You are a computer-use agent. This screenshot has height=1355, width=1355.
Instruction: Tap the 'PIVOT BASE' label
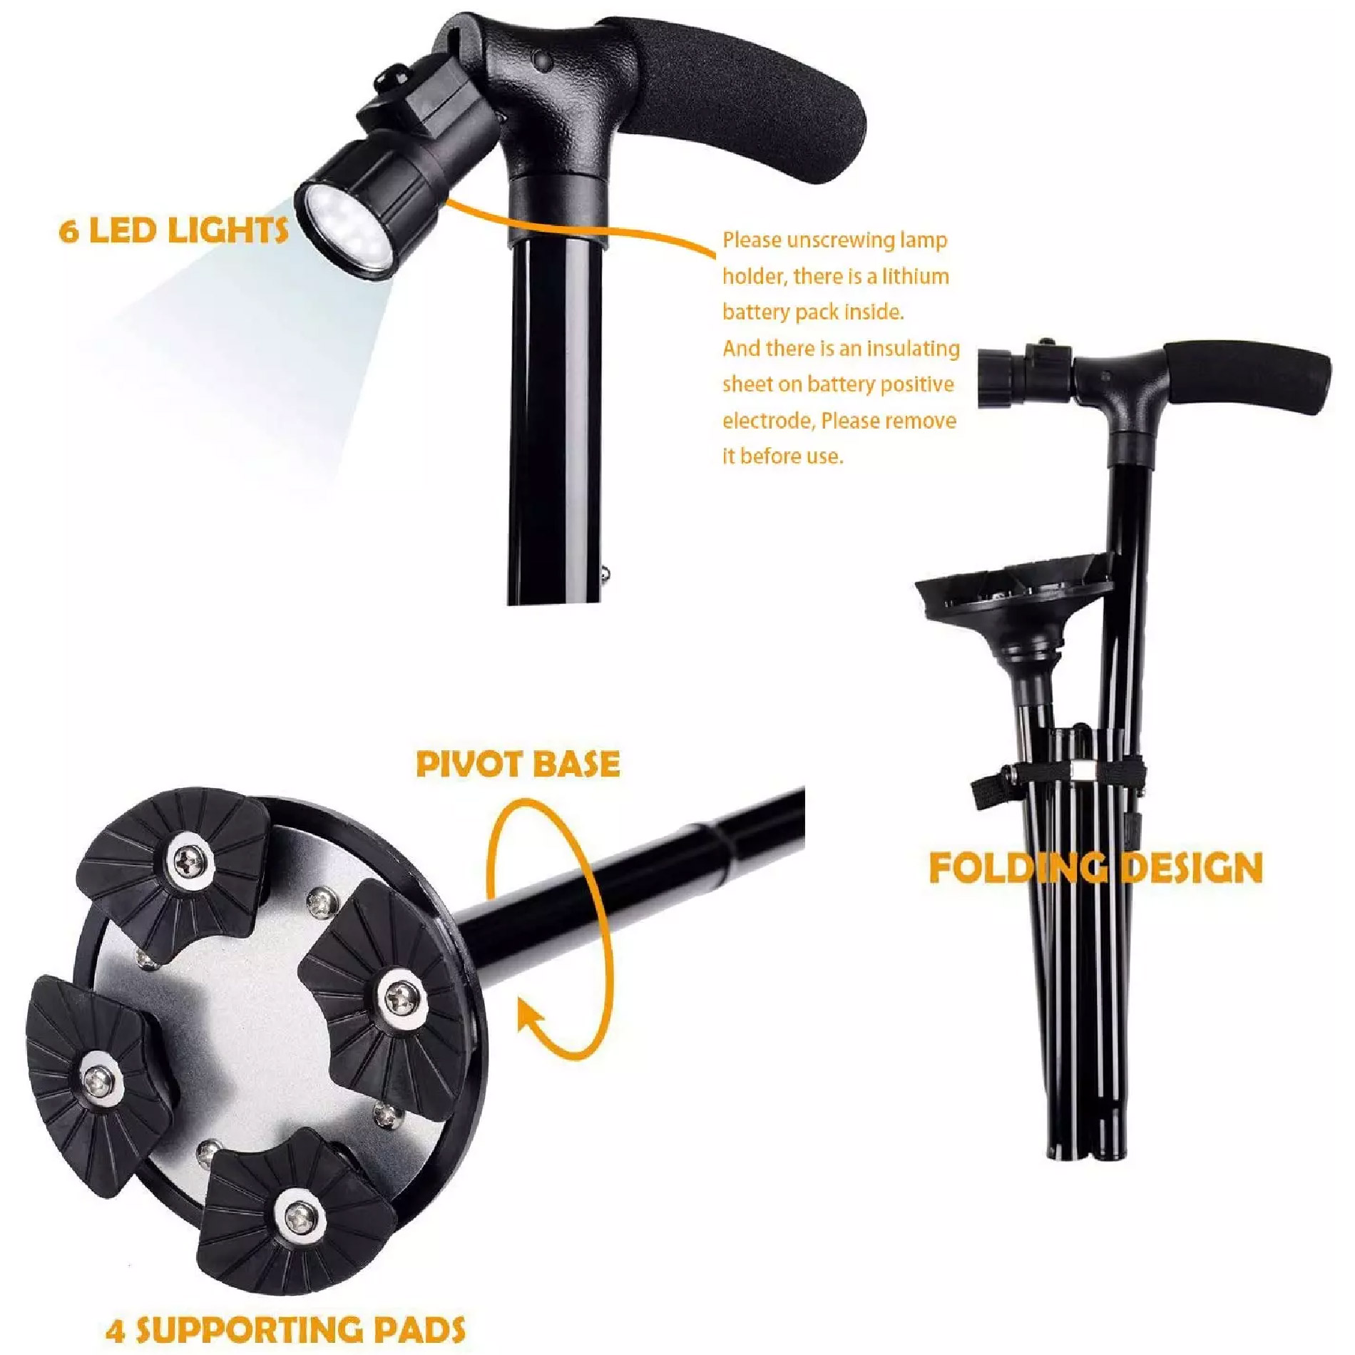(x=518, y=764)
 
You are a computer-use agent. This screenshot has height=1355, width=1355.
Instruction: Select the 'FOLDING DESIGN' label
(x=1095, y=868)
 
